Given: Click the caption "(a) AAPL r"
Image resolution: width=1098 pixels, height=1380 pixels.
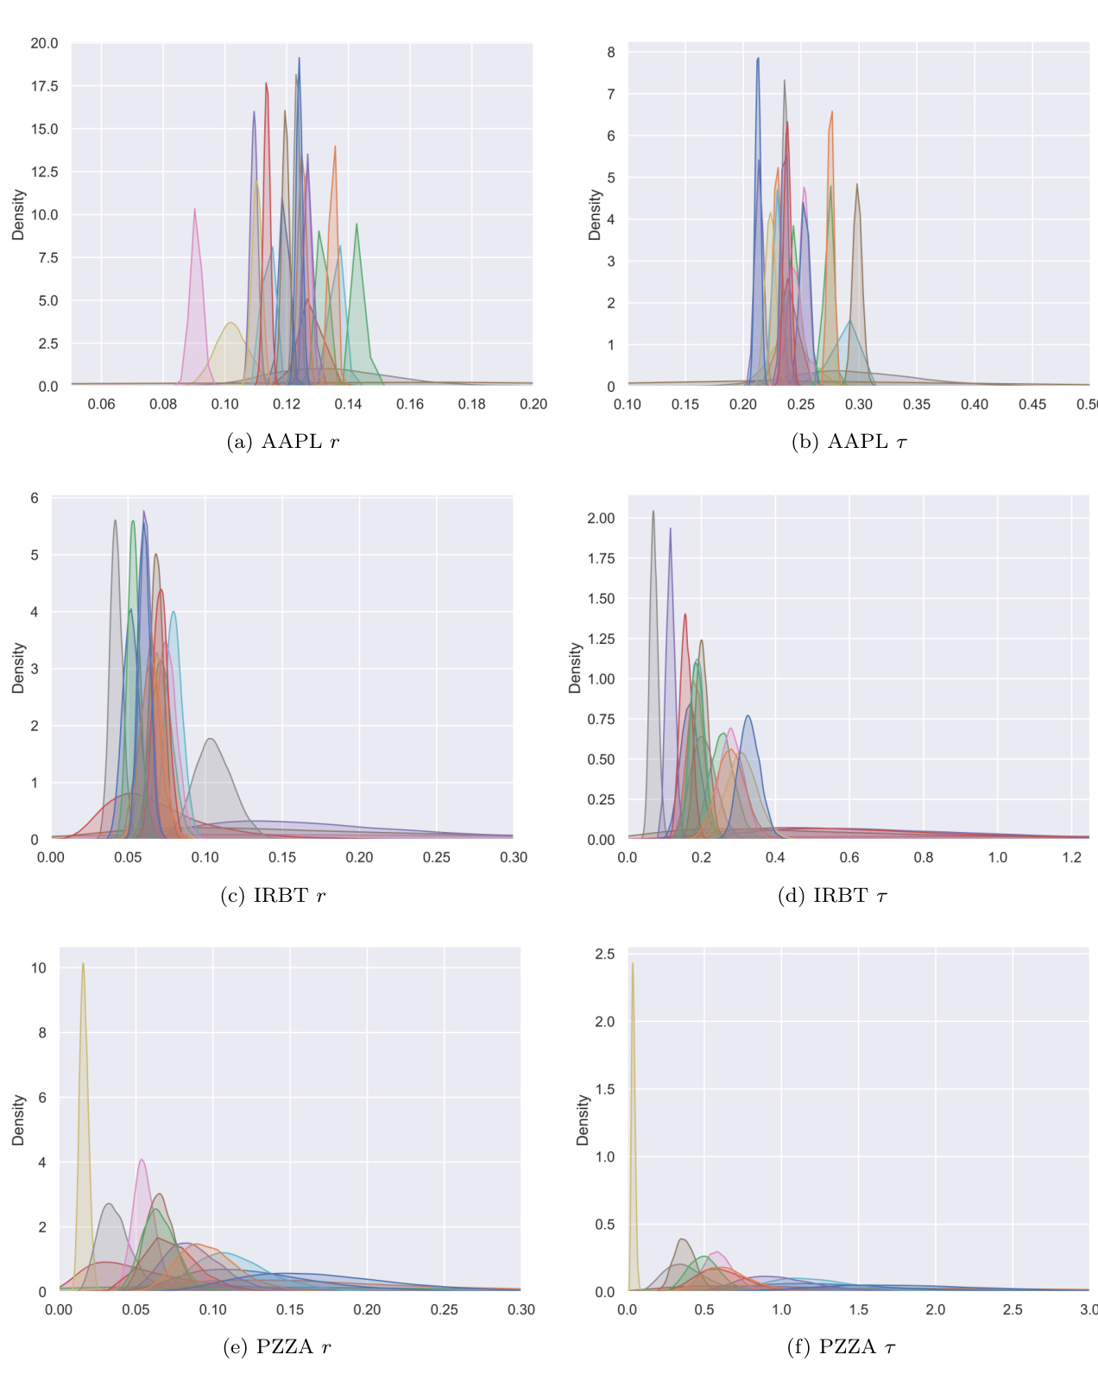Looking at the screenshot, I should tap(282, 442).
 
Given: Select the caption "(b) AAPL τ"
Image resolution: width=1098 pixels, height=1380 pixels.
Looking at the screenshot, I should tap(849, 442).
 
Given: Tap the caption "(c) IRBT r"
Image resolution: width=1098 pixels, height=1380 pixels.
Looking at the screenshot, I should tap(273, 896).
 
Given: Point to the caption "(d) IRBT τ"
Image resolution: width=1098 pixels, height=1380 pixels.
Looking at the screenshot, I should tap(832, 896).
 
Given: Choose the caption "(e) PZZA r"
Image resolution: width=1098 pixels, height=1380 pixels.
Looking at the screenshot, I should tap(276, 1347).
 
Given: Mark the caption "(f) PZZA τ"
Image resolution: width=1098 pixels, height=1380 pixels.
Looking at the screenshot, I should tap(841, 1347).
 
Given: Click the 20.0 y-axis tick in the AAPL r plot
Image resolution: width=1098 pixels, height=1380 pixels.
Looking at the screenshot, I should tap(45, 43).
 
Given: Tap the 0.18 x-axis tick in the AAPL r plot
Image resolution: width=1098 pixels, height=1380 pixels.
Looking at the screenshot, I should tap(471, 404).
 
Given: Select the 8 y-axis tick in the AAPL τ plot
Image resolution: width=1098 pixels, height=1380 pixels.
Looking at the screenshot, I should tap(611, 53).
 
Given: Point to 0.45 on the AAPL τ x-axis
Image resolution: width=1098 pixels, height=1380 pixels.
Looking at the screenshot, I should tap(1032, 404).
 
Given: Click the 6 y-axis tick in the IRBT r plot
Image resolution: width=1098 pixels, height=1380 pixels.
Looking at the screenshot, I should tap(35, 498).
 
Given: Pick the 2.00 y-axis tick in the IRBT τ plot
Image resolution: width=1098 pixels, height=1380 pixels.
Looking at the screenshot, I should tap(601, 518).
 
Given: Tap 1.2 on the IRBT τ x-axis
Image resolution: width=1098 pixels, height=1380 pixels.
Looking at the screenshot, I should tap(1072, 857).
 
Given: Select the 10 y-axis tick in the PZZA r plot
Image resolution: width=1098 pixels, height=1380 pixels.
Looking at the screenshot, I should tap(39, 968).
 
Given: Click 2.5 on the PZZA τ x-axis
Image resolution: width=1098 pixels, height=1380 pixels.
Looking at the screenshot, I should tap(1013, 1309).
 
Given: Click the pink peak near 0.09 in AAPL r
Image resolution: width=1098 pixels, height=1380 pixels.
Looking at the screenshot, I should tap(195, 210).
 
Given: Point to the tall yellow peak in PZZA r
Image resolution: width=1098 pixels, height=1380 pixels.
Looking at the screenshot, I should tap(83, 964).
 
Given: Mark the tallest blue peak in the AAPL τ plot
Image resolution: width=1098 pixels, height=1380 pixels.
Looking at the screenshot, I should tap(758, 59).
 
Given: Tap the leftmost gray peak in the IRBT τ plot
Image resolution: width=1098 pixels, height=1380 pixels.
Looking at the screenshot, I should tap(653, 512).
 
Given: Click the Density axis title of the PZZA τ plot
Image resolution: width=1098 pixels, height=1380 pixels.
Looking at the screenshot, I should tap(584, 1120).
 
